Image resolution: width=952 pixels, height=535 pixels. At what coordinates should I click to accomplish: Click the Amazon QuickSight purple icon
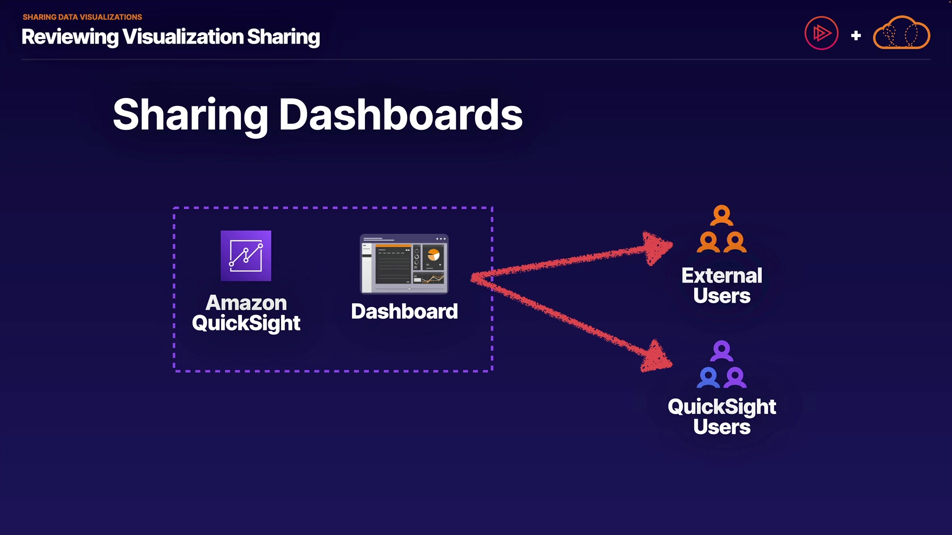tap(246, 256)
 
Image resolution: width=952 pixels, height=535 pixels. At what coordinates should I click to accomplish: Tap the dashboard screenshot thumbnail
tap(404, 264)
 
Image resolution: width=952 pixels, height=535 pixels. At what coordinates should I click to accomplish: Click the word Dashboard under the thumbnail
tap(404, 312)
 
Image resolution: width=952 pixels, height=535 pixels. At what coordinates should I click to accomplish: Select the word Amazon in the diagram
tap(246, 303)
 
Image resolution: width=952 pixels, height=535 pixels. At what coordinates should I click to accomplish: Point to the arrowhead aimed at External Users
tap(657, 247)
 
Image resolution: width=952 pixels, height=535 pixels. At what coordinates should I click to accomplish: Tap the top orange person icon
tap(721, 215)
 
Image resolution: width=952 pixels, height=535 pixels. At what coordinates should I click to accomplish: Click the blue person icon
tap(708, 377)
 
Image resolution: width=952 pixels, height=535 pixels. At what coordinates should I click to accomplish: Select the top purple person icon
tap(721, 351)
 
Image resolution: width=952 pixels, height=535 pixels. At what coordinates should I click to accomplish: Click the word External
tap(721, 275)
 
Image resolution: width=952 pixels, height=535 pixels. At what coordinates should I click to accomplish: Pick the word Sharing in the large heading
tap(190, 115)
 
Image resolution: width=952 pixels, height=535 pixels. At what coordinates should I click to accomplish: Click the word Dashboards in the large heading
tap(401, 115)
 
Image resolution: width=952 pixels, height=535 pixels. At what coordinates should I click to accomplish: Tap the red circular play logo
tap(821, 34)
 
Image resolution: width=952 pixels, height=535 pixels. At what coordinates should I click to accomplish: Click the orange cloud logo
tap(901, 34)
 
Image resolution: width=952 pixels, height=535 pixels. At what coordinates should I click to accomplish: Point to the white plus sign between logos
tap(856, 36)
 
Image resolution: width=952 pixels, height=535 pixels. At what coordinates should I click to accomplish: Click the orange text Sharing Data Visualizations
tap(82, 17)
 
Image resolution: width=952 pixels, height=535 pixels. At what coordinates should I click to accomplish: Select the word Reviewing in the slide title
tap(70, 37)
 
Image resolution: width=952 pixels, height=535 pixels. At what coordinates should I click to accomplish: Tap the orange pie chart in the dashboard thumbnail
tap(433, 255)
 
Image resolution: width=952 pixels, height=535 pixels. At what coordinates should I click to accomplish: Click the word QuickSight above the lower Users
tap(721, 407)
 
